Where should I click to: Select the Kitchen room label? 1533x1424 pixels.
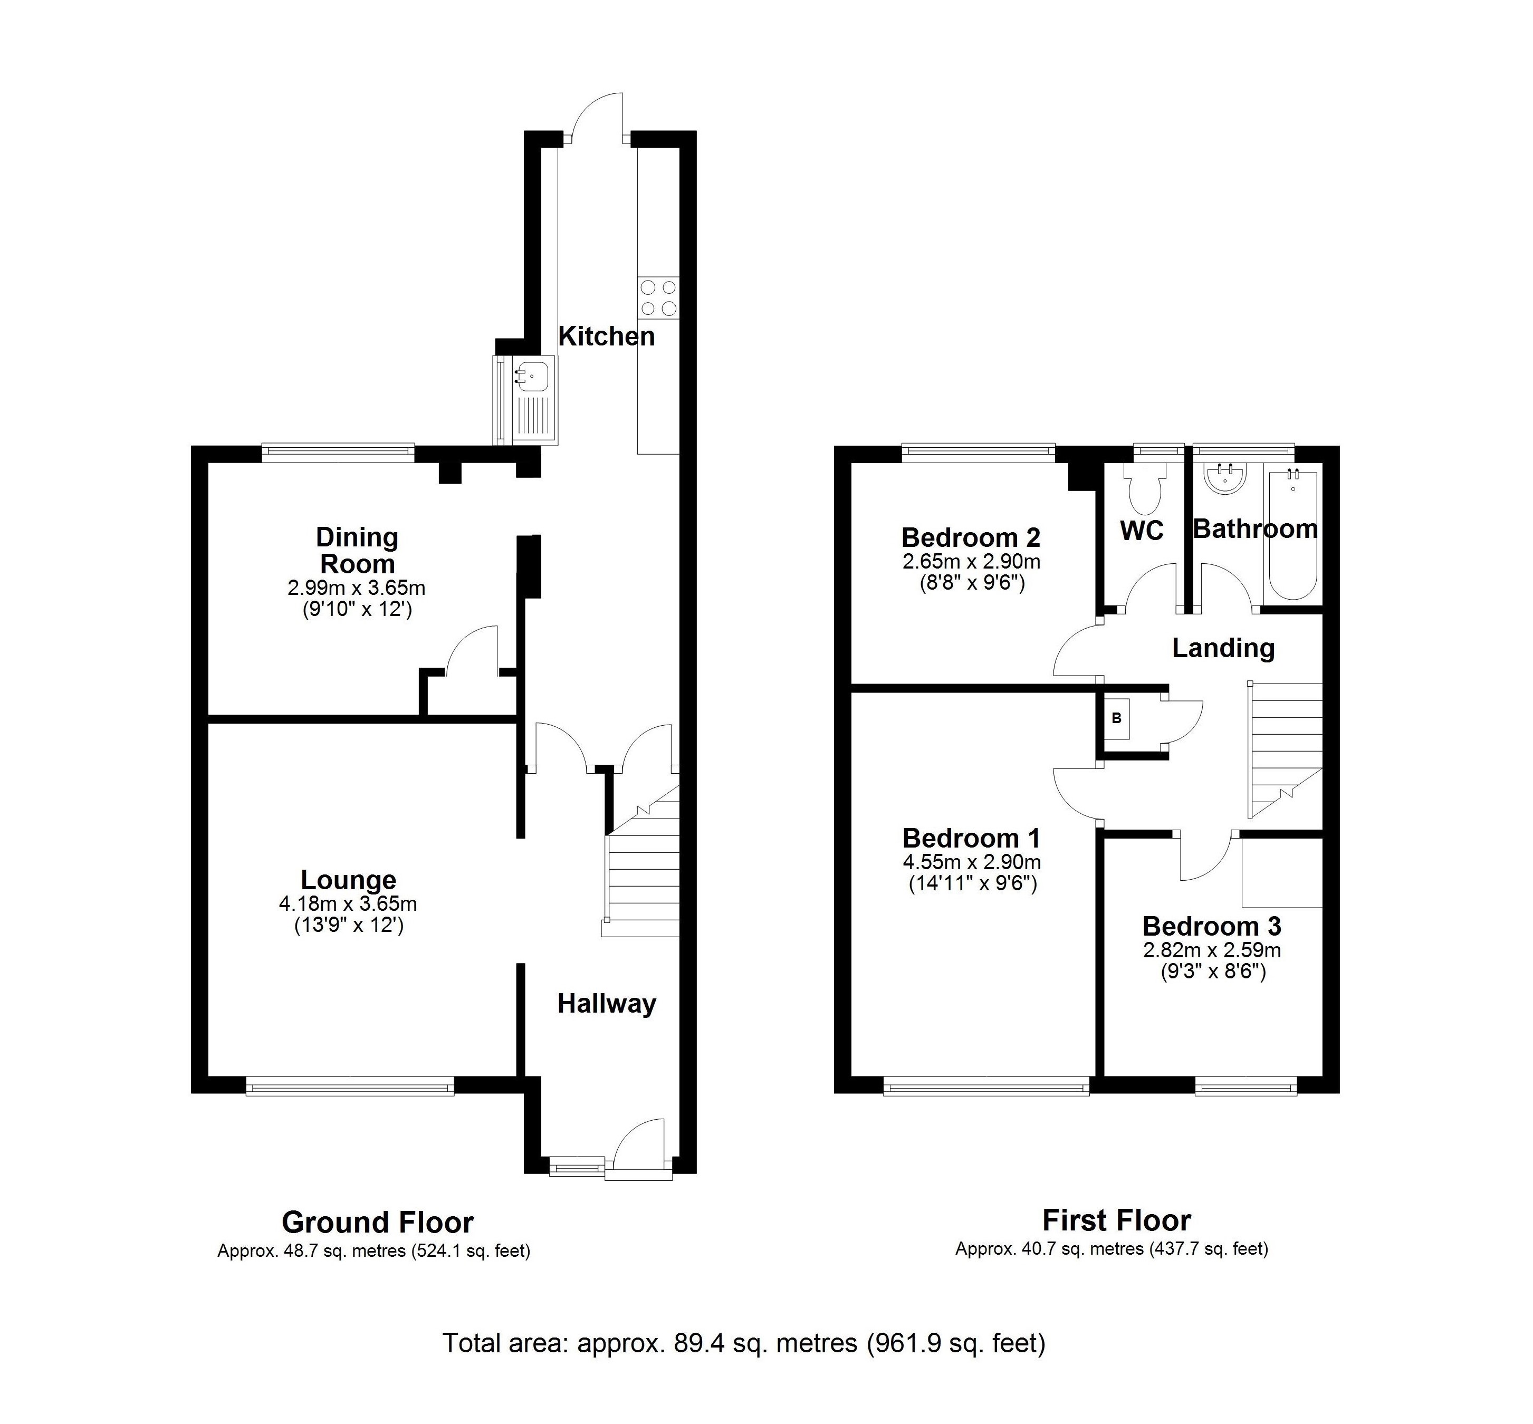(606, 336)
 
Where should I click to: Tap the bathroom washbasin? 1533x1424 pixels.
(1225, 478)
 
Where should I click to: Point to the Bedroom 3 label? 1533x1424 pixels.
(1211, 926)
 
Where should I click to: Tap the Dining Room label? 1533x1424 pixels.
(358, 550)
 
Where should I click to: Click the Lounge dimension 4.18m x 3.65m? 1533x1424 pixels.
(348, 903)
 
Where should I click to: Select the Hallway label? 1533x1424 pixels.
(606, 1003)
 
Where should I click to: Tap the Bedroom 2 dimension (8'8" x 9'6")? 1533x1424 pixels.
(971, 583)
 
